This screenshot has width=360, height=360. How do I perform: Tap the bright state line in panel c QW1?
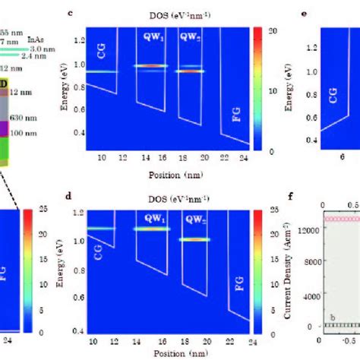150,66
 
